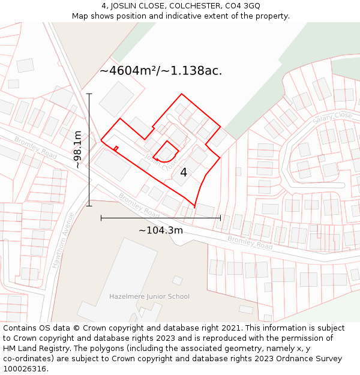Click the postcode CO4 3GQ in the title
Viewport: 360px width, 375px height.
[242, 6]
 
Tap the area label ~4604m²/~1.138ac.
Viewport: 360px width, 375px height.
[161, 71]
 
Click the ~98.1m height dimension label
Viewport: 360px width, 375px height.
[78, 150]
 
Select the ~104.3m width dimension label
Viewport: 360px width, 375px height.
[161, 230]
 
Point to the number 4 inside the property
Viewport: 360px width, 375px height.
[184, 173]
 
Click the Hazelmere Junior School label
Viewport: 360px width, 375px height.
[149, 296]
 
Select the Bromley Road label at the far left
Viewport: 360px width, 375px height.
[35, 148]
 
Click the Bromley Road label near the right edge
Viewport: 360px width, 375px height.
[250, 242]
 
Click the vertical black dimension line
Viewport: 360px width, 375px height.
[89, 150]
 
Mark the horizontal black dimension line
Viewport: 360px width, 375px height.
[161, 217]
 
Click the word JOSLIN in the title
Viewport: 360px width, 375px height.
[125, 6]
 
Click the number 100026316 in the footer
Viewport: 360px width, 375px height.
[25, 368]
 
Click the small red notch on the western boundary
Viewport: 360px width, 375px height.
[116, 148]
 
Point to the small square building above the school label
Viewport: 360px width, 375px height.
[177, 280]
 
